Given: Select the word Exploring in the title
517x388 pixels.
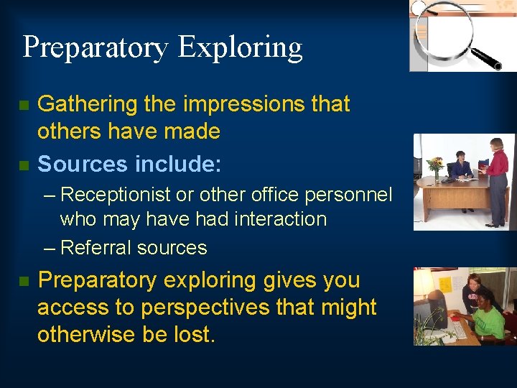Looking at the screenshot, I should click(240, 47).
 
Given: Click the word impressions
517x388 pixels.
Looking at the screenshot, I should click(244, 104).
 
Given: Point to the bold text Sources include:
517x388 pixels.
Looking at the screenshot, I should click(129, 164).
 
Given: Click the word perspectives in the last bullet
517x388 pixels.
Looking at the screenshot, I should click(205, 307).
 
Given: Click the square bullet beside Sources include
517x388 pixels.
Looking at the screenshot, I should click(24, 166).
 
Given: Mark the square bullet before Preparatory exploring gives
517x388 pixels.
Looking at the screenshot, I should click(24, 281).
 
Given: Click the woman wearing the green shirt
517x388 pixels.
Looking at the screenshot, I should click(487, 316).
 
